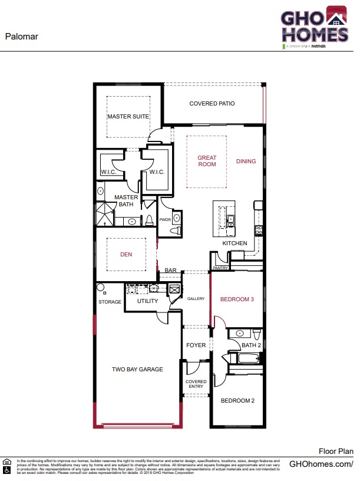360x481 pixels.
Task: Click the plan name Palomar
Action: [x=22, y=36]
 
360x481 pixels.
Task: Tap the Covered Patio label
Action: [x=212, y=104]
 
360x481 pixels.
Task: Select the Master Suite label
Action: [x=128, y=117]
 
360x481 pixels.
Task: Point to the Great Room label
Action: [x=207, y=161]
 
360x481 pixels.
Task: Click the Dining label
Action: [x=246, y=161]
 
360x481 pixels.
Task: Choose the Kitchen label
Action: [x=235, y=243]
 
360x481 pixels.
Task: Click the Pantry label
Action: [x=220, y=268]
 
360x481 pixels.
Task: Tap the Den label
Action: [x=126, y=255]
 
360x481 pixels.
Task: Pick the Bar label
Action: [x=171, y=271]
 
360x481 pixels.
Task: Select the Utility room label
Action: [x=147, y=301]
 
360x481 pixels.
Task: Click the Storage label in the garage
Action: [x=110, y=302]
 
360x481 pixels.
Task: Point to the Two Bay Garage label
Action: [x=137, y=370]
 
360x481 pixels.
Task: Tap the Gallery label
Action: [x=196, y=299]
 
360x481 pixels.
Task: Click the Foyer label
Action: [x=196, y=345]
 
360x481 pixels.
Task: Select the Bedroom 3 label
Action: [x=237, y=299]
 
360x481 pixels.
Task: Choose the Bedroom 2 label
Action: [x=237, y=401]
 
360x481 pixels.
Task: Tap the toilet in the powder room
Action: [x=175, y=230]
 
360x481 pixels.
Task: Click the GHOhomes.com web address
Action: [x=321, y=464]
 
